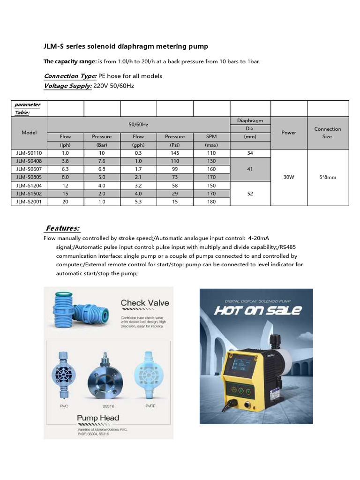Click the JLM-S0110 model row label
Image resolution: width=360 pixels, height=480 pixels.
pos(29,153)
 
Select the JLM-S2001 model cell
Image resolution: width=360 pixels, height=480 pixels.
pos(29,201)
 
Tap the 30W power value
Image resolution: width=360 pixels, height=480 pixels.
pos(289,177)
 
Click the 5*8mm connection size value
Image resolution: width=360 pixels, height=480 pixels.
pos(328,177)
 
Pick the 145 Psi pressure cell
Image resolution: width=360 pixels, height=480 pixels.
pos(175,153)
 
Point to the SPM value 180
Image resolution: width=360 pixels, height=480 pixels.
pos(211,201)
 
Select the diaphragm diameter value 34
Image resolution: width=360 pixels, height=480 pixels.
pos(250,153)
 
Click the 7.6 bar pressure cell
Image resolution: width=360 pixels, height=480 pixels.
pos(102,161)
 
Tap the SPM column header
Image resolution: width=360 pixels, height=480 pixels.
pos(211,136)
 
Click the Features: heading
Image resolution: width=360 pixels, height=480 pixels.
pos(62,228)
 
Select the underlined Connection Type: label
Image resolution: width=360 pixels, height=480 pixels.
pos(70,76)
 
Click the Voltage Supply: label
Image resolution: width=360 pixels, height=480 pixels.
pos(67,86)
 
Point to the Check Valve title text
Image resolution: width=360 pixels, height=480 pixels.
pos(145,303)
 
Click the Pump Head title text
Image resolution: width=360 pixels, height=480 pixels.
pos(98,418)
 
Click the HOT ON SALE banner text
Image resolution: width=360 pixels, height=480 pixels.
pos(258,310)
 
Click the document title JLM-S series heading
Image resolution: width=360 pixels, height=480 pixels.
pos(126,46)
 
